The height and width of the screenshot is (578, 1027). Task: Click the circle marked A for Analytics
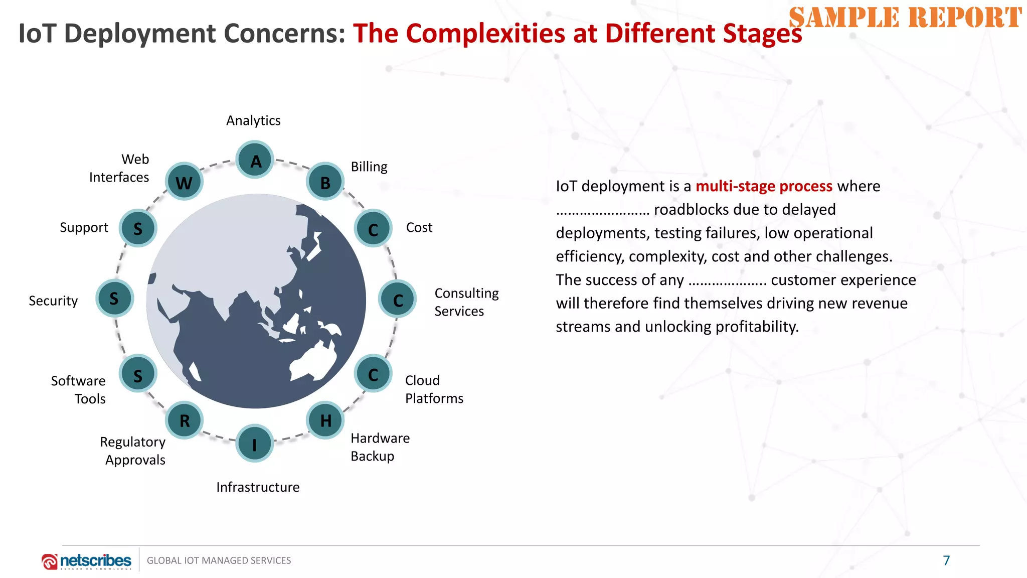pos(255,160)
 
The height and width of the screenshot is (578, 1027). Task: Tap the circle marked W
pos(184,182)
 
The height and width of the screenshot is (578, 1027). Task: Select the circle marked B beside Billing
pos(325,182)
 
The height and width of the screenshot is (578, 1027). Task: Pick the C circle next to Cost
pos(373,229)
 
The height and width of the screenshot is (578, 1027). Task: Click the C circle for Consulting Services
pos(397,300)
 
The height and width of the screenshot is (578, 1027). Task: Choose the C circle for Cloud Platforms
pos(373,374)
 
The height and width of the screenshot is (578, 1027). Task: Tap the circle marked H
pos(325,420)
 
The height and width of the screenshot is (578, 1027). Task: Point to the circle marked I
pos(255,444)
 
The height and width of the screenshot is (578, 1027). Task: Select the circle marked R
pos(184,420)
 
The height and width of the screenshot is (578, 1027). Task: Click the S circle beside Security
pos(114,299)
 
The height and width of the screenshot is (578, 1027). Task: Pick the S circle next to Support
pos(138,228)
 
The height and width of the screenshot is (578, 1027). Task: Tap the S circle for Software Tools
pos(138,374)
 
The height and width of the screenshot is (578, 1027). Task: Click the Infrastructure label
pos(258,487)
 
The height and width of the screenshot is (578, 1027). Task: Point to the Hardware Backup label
pos(380,447)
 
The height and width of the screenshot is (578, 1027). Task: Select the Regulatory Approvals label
pos(133,451)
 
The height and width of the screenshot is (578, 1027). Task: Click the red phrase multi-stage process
pos(764,186)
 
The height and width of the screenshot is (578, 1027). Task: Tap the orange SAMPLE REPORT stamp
pos(905,18)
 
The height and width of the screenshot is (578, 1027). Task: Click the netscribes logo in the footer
pos(87,561)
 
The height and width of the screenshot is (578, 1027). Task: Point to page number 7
pos(946,560)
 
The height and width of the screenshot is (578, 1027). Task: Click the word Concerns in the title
pos(284,34)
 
